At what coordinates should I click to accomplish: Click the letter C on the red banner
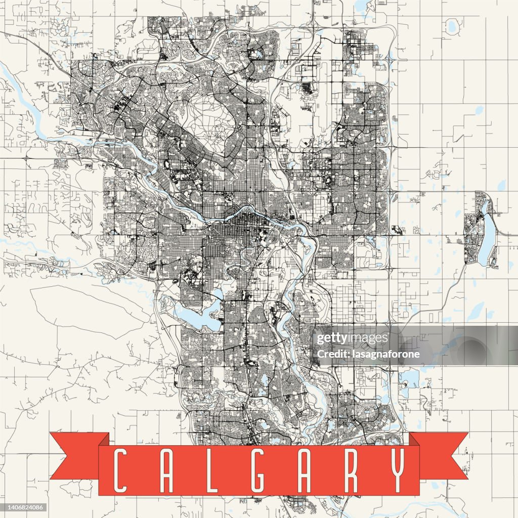[120, 470]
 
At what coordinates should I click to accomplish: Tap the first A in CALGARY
[166, 470]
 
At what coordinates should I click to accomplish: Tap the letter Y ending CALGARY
[398, 470]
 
